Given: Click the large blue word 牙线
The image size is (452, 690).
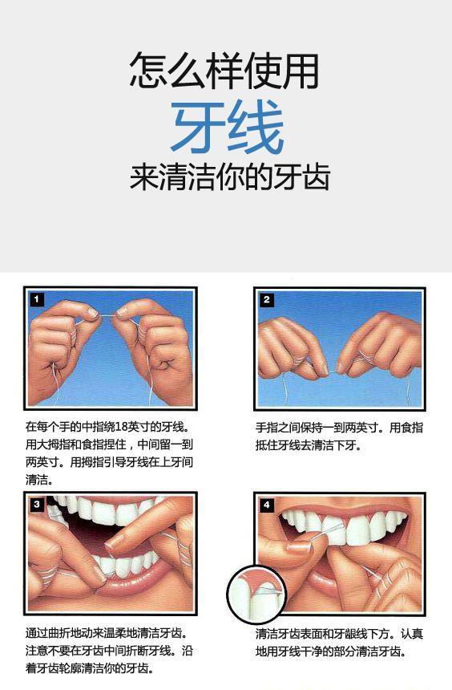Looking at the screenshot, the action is tap(228, 126).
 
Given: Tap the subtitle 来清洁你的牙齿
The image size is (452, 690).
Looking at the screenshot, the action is tap(229, 177).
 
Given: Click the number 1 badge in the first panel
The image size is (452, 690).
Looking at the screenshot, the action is tap(37, 300).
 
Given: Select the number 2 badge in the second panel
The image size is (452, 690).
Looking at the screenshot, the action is tap(266, 300).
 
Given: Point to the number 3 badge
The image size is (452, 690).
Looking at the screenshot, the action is tap(37, 505).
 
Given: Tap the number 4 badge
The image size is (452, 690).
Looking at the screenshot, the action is tap(266, 505).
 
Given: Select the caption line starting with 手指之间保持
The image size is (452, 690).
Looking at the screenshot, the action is tap(339, 428).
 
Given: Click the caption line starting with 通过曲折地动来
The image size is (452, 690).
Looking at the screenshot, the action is tap(107, 634).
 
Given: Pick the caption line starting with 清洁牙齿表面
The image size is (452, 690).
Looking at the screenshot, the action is tap(339, 634).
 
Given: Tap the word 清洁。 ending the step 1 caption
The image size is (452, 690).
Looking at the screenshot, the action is tap(39, 480).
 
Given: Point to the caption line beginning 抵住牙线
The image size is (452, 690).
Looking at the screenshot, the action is tap(309, 445).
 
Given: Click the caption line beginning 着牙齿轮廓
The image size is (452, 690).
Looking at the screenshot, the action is tap(90, 669).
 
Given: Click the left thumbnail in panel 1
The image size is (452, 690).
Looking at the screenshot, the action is tap(92, 313).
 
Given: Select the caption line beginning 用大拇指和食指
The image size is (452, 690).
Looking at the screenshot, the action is tap(109, 444).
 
